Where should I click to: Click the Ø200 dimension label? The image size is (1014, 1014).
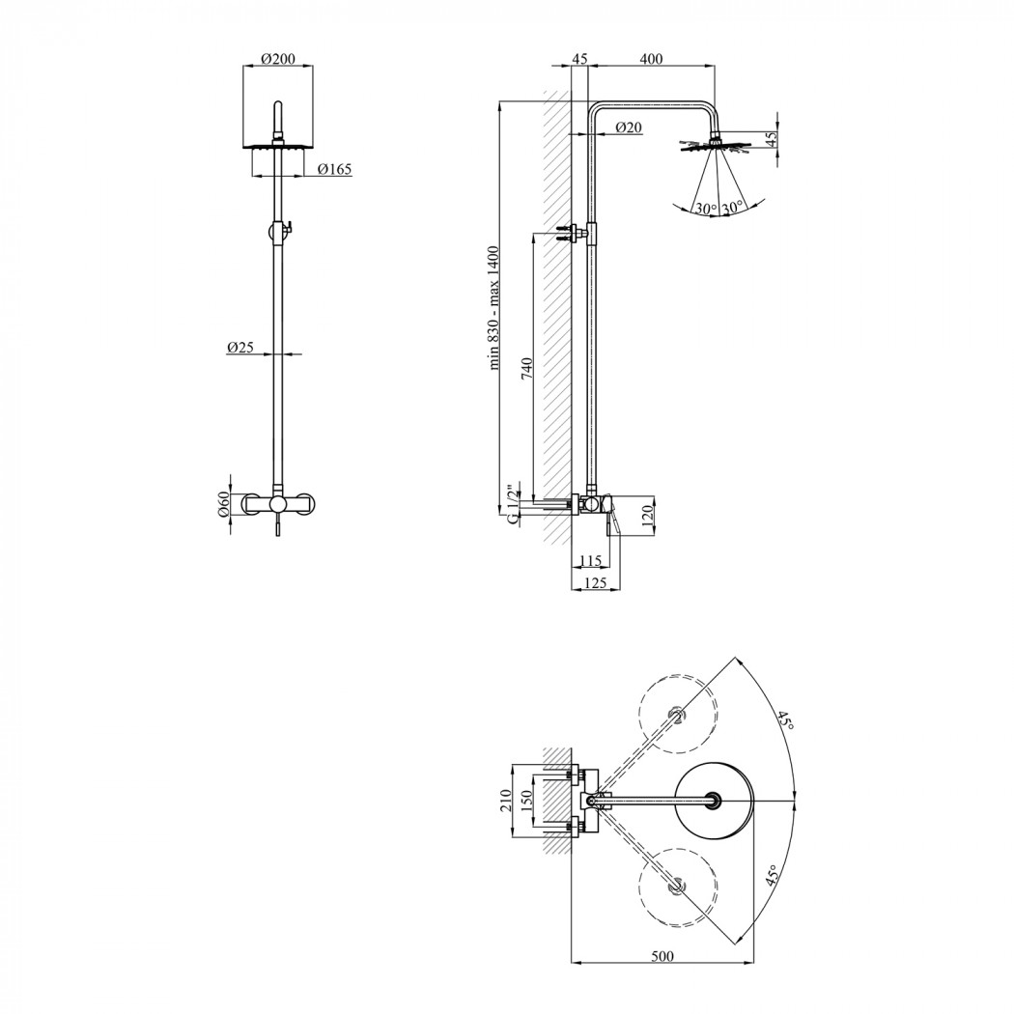278,59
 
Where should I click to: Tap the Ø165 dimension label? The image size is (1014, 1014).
335,169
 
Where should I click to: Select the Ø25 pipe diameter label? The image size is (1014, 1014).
239,348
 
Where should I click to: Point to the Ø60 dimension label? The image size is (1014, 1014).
223,504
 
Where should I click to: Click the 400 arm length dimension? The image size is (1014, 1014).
651,59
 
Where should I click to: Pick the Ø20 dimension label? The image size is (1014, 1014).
629,127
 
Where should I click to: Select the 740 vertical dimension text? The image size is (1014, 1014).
526,367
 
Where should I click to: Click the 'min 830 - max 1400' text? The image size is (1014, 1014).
494,308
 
